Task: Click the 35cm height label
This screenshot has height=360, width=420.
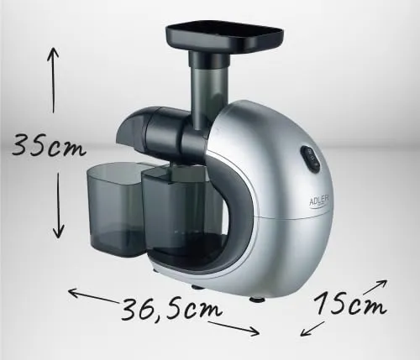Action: (x=49, y=145)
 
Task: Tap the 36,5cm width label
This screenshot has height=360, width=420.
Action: (x=172, y=309)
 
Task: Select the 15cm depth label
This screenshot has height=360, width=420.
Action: (x=350, y=303)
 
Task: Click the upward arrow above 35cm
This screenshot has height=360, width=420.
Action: (x=53, y=80)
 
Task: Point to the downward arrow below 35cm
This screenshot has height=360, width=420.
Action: (x=58, y=206)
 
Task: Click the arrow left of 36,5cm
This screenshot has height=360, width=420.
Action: (x=93, y=295)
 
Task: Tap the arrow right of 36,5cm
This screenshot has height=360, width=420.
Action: (x=234, y=328)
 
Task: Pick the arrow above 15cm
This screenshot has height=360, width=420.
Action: (x=375, y=287)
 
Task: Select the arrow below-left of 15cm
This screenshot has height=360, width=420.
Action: (x=312, y=329)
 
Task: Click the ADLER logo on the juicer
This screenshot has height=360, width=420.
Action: (x=319, y=201)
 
